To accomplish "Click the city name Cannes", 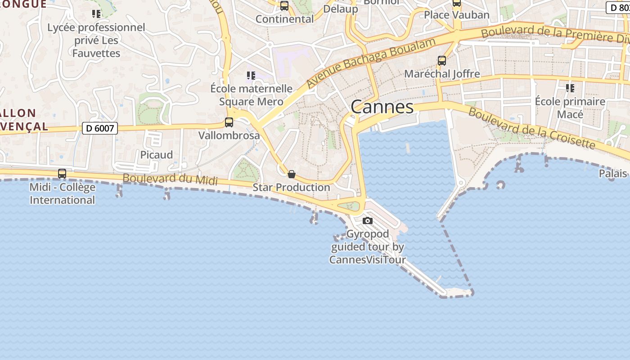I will (382, 107).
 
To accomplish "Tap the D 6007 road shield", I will (100, 128).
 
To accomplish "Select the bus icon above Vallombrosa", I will (229, 122).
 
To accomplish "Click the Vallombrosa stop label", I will (229, 135).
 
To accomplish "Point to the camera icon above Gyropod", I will (368, 220).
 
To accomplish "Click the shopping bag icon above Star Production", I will (292, 174).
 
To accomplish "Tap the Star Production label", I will (291, 187).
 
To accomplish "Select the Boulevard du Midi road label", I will (170, 179).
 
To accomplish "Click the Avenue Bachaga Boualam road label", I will (371, 63).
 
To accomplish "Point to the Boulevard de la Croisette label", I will (532, 128).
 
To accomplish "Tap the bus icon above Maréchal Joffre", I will (442, 61).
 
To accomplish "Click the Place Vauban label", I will (457, 15).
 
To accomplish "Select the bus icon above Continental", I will (284, 6).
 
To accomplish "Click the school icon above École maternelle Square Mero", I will (251, 76).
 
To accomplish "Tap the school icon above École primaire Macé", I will (570, 88).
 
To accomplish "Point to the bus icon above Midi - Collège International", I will (62, 174).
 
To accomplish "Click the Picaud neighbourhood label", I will (157, 155).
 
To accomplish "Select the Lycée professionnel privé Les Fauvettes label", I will (96, 40).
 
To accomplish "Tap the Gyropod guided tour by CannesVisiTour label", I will (368, 247).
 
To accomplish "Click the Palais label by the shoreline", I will (613, 173).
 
